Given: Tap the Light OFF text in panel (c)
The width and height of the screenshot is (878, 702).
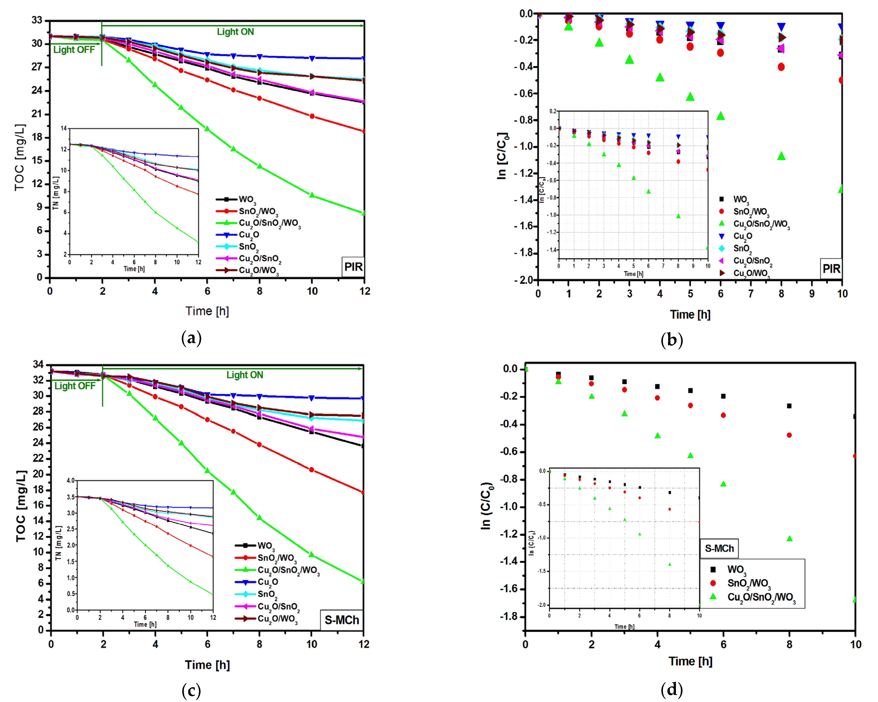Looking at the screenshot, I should (x=75, y=386).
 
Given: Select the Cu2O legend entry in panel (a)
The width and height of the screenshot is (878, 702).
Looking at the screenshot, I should (x=248, y=235).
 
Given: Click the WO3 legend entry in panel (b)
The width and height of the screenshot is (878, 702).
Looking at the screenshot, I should (x=740, y=199).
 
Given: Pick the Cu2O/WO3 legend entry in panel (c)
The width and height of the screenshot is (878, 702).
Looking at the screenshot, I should (x=277, y=619).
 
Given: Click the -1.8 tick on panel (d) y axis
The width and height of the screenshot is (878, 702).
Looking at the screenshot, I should (x=509, y=617).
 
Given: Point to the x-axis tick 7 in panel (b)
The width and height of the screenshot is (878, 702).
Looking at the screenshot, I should (x=751, y=293).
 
